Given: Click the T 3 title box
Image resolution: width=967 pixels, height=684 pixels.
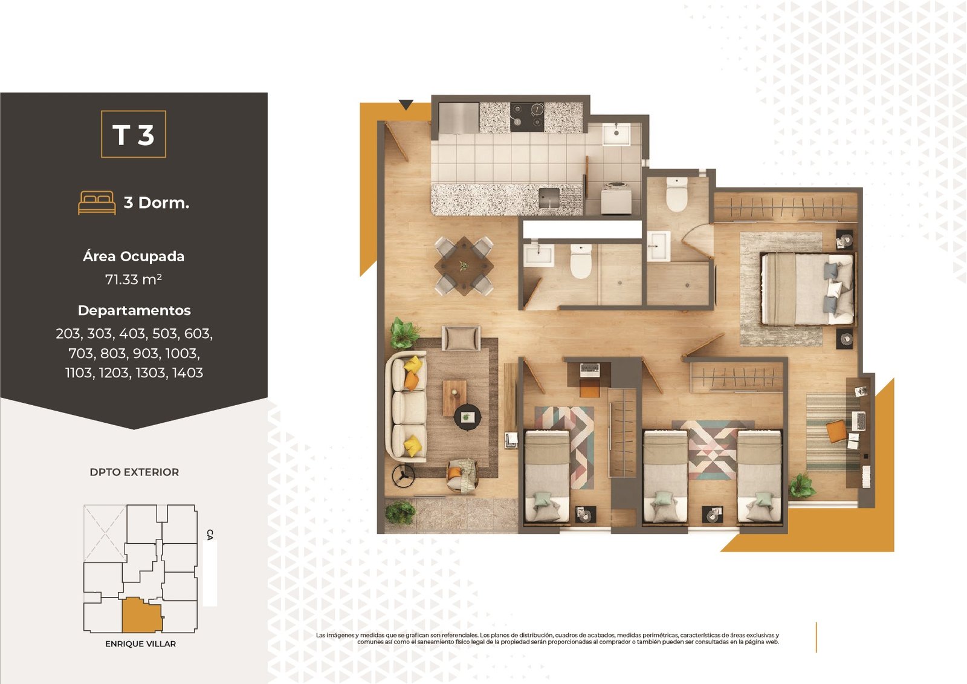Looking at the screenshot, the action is (134, 134).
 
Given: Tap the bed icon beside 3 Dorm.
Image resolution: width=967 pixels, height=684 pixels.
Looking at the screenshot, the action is (97, 203).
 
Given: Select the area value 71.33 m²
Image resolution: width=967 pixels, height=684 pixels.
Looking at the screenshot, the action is (134, 279).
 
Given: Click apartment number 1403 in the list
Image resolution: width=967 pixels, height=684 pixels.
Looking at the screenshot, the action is (187, 373).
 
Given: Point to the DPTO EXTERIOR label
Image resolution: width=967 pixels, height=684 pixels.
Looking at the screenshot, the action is (134, 472).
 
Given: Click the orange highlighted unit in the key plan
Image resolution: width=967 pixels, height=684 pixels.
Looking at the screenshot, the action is (141, 615).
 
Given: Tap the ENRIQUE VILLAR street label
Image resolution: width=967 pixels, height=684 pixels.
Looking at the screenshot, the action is (140, 644).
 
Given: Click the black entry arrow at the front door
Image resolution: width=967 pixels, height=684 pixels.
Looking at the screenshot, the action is (406, 104).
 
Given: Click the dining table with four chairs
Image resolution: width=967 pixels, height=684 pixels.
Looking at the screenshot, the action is (464, 265).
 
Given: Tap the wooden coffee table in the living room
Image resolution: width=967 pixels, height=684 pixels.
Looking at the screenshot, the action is (454, 397).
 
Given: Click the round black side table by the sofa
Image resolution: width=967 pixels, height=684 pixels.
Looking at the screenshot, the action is (467, 417).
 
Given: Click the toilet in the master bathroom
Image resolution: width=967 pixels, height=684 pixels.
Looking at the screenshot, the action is (676, 195).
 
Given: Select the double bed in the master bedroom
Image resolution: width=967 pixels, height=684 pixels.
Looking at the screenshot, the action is (807, 288).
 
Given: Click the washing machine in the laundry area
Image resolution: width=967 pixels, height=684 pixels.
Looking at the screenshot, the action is (616, 198).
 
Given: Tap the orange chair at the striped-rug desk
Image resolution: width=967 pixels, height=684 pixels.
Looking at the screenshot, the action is (837, 431).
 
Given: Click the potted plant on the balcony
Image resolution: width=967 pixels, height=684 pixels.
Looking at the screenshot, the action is (400, 513).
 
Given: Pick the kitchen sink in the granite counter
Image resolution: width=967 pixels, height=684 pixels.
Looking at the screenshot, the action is (549, 198).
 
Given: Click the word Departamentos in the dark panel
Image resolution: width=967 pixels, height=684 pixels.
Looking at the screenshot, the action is (134, 311).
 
